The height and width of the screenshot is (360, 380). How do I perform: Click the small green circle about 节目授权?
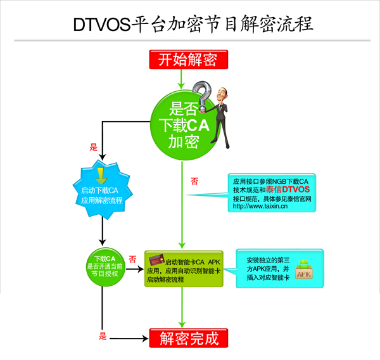(105, 267)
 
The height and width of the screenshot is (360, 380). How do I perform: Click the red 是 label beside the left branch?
(94, 148)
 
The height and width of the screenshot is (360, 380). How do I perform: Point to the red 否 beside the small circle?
(132, 259)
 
